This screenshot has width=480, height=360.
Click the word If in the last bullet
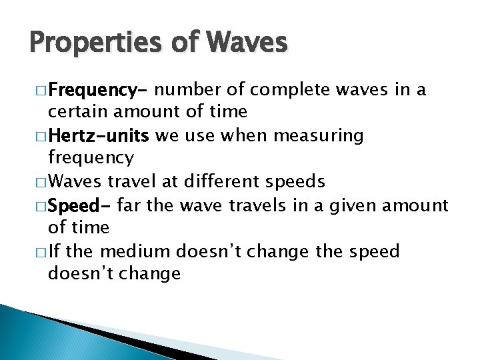tap(56, 251)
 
